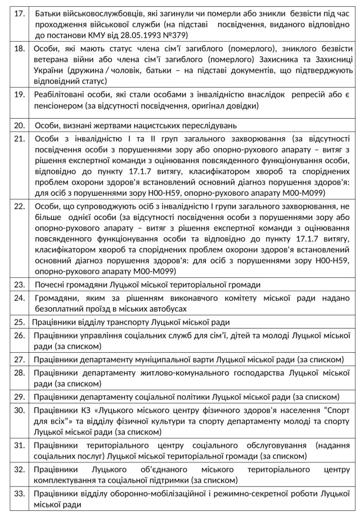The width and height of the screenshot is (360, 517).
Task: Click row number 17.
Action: point(19,13)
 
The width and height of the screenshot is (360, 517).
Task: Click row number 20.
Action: point(19,124)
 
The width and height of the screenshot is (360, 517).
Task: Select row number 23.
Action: point(19,284)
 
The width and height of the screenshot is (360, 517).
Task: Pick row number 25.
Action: point(19,322)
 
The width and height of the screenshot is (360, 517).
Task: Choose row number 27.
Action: point(19,359)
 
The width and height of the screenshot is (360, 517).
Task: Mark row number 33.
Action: point(19,493)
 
